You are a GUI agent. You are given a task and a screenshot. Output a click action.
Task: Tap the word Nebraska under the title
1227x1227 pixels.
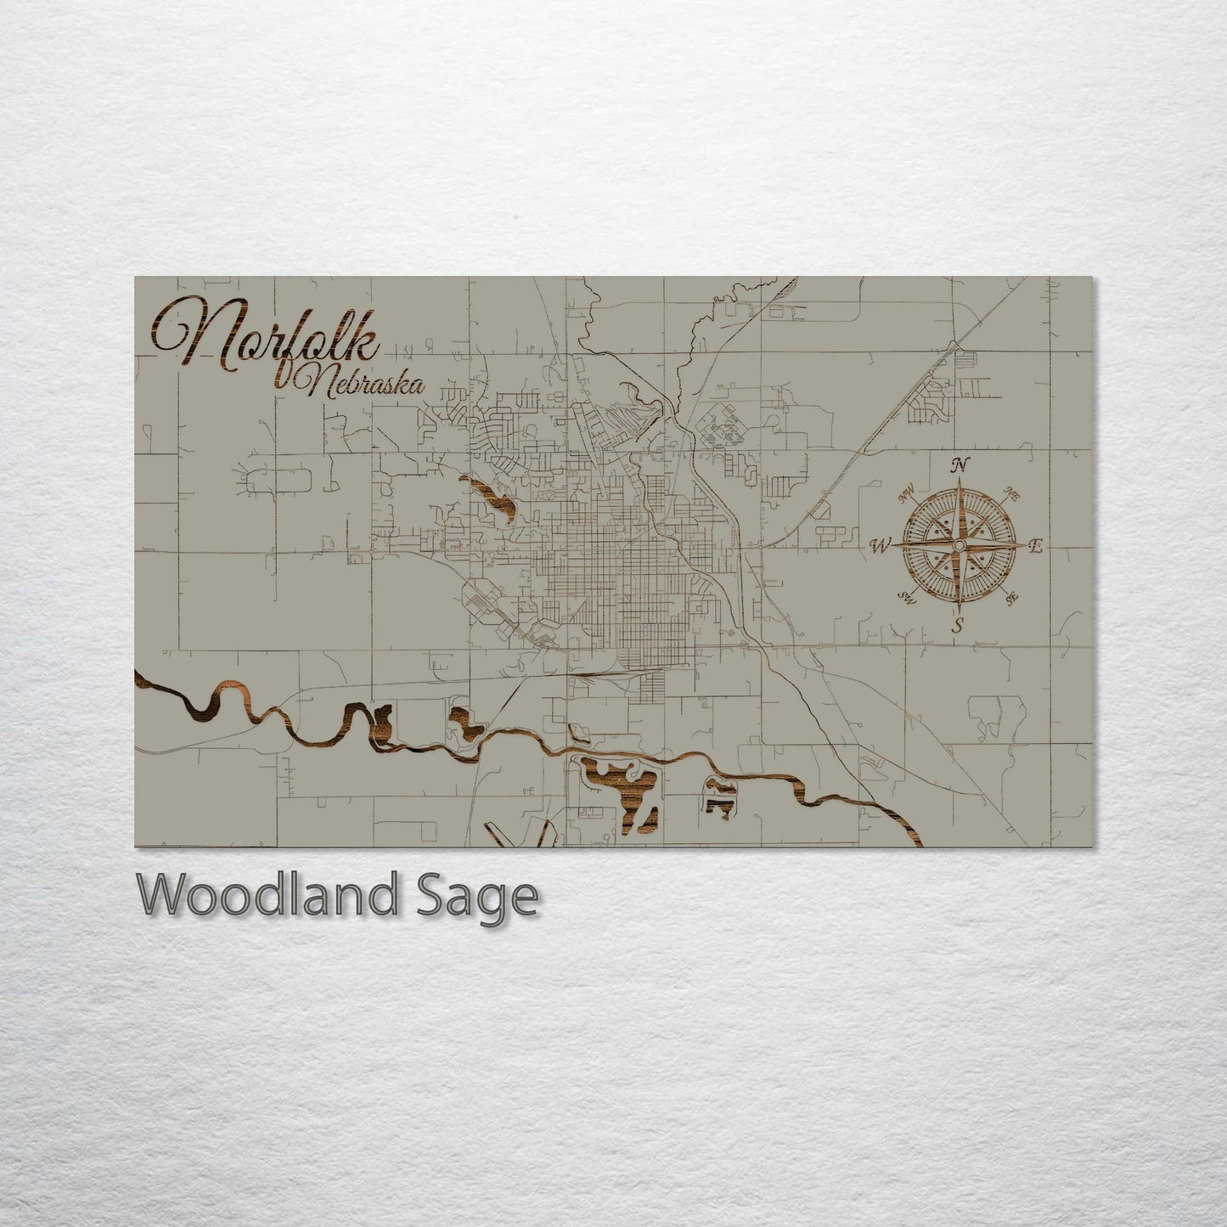click(362, 386)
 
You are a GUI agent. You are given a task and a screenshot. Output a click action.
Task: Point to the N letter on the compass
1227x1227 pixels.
click(960, 464)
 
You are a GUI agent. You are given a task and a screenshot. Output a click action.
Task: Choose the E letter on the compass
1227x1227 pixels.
click(1034, 547)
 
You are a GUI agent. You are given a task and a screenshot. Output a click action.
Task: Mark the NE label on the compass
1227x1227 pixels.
click(1011, 493)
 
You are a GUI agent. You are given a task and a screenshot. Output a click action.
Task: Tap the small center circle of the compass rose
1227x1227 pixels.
click(959, 544)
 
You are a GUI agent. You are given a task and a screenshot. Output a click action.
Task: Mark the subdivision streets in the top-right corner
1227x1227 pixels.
click(934, 398)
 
